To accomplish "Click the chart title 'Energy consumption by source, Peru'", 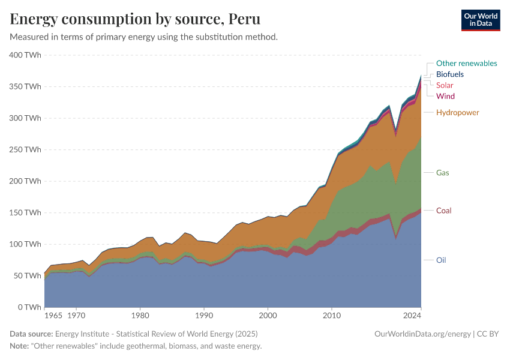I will pos(135,19).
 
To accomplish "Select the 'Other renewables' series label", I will pos(466,63).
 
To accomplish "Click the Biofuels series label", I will pos(449,74).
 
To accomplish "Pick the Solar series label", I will pos(445,85).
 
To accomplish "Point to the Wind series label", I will pos(445,96).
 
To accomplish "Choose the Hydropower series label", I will pos(457,113).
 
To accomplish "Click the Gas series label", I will pos(443,173).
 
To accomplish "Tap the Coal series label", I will pos(443,211).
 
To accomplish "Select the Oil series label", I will pos(441,260).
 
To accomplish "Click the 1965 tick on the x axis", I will pos(53,315).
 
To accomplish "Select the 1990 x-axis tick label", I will pos(204,315).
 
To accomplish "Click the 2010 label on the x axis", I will pos(332,315).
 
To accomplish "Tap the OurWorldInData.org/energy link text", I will pos(422,334).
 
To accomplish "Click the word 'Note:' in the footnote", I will pos(21,346).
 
